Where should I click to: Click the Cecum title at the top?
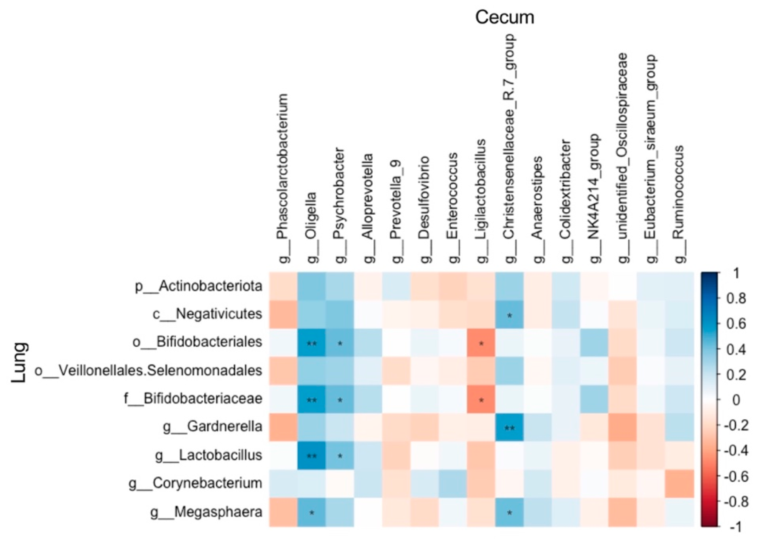pos(504,17)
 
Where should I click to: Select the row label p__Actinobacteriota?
pos(199,286)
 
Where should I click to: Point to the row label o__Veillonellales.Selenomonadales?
pos(148,370)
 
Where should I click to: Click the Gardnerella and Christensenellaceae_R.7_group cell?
pos(509,427)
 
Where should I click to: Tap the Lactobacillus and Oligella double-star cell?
pos(312,455)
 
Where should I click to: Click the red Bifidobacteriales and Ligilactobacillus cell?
pos(481,342)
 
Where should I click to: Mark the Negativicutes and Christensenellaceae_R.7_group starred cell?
pos(509,314)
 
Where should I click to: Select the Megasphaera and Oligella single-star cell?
pos(312,512)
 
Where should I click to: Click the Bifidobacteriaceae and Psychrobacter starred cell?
pos(340,399)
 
